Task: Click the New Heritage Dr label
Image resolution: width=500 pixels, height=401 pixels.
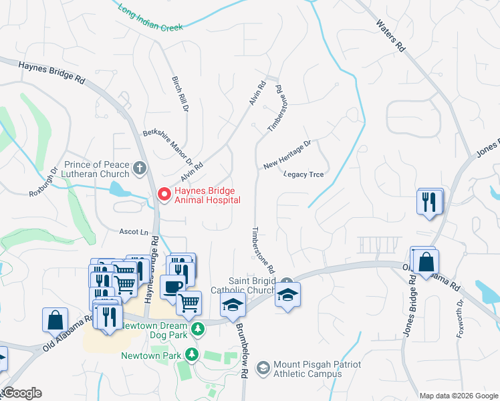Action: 287,154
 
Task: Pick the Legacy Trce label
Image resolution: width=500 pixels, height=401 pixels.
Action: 303,174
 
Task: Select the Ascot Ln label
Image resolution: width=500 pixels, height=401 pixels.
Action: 134,232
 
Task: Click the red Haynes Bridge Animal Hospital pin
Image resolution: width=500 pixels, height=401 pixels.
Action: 162,194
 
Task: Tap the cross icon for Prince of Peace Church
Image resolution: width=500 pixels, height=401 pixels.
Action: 140,168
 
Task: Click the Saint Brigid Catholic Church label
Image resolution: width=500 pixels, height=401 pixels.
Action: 243,285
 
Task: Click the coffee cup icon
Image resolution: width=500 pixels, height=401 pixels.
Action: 172,286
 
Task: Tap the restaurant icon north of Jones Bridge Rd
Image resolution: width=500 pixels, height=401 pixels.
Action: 430,201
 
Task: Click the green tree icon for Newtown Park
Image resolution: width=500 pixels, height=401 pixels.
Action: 193,354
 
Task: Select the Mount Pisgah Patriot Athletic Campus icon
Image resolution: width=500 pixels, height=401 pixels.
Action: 263,368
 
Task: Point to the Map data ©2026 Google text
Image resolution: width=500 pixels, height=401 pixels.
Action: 458,396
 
